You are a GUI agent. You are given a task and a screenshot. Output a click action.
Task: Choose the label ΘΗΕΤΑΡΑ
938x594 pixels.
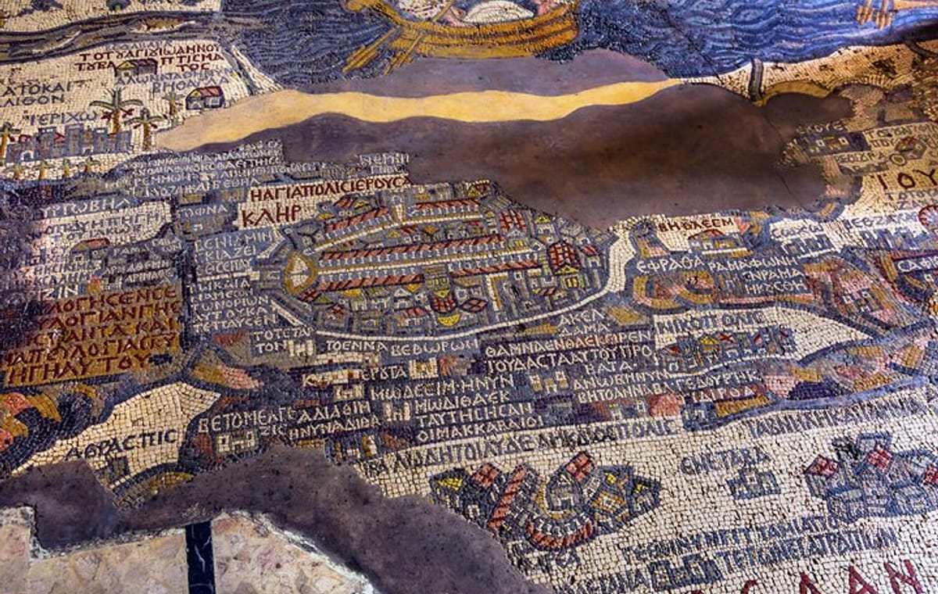(714, 460)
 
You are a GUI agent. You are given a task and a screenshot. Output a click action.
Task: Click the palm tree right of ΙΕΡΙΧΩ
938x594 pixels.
(115, 112)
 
